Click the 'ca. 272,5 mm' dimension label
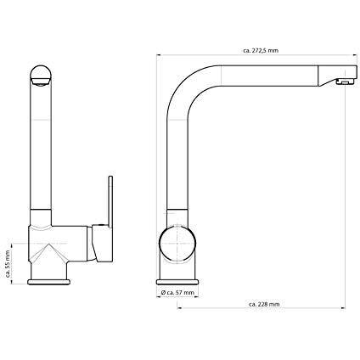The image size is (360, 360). point(261,51)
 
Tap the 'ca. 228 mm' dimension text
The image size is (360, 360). point(264,304)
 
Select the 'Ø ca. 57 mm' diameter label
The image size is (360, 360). point(177,293)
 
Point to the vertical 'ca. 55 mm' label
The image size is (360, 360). point(8,263)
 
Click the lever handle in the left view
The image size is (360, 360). point(110,201)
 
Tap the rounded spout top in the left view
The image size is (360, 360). point(41,75)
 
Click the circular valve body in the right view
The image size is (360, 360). point(177,244)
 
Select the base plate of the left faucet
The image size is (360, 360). point(48,282)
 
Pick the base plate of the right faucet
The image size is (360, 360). point(177,282)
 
